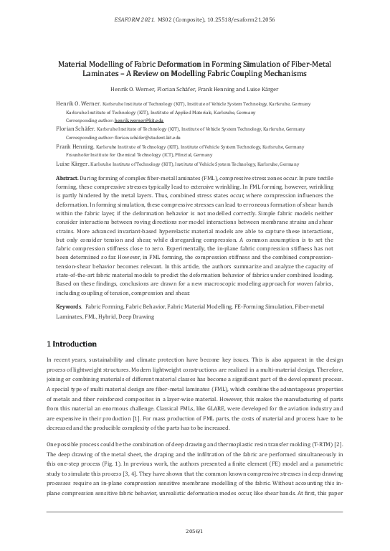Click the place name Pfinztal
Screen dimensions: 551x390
[182, 154]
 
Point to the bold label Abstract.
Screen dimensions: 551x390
[67, 176]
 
